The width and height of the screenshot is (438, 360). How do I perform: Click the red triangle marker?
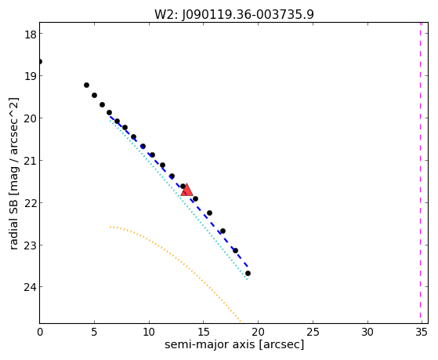coord(186,190)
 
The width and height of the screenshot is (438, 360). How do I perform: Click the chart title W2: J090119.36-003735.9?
coord(234,15)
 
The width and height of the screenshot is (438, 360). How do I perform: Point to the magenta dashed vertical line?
coord(420,173)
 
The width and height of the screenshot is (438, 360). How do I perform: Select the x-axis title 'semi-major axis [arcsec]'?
coord(234,344)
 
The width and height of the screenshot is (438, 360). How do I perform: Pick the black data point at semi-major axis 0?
coord(40,61)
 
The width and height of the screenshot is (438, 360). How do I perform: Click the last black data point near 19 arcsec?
coord(248,273)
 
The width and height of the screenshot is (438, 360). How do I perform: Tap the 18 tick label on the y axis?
coord(30,35)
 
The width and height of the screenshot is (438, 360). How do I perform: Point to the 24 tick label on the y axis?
coord(30,287)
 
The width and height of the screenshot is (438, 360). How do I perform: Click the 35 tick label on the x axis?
coord(422,332)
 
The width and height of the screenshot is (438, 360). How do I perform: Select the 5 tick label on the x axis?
coord(94,332)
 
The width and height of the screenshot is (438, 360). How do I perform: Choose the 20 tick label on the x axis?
coord(258,332)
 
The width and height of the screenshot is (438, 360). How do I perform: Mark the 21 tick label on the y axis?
coord(30,161)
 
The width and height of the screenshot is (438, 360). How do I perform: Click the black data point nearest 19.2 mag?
coord(87,85)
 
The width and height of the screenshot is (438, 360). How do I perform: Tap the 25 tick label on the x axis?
coord(313,332)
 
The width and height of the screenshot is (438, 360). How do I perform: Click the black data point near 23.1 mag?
coord(236,250)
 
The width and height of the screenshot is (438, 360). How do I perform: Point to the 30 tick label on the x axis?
coord(367,332)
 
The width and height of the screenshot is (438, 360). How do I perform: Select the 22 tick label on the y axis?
coord(30,203)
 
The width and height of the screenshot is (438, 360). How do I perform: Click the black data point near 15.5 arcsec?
coord(209,213)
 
